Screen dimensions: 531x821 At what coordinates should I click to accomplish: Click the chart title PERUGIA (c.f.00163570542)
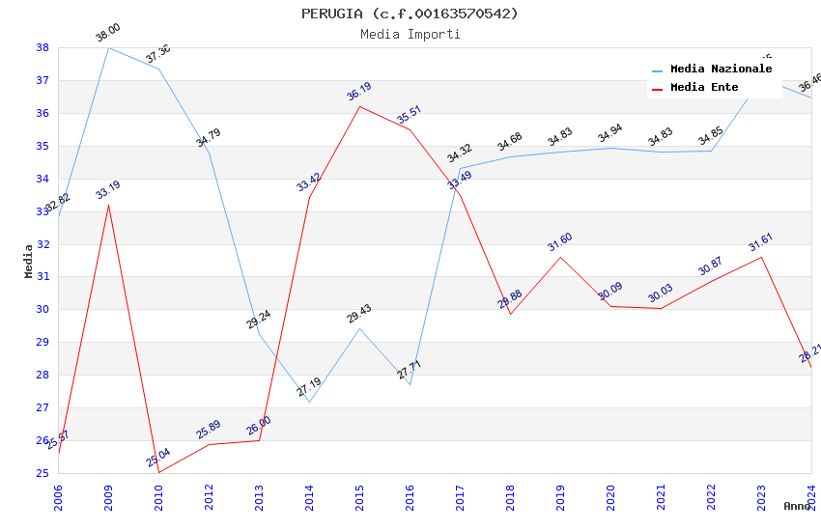point(410,14)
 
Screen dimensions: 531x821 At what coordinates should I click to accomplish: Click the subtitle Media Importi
point(410,34)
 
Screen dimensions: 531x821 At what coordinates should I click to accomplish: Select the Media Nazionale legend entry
point(721,70)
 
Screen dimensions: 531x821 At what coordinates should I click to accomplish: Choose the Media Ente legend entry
point(704,88)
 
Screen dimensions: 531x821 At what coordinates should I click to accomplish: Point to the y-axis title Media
point(29,261)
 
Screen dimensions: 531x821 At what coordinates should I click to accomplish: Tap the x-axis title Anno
point(797,506)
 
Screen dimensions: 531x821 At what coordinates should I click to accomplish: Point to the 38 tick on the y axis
point(42,47)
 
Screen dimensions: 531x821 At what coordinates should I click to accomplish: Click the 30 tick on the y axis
point(42,310)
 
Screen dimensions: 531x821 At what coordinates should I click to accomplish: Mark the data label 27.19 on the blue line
point(309,388)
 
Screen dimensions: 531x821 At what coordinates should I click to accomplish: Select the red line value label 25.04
point(158,458)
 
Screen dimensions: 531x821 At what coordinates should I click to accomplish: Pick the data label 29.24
point(259,320)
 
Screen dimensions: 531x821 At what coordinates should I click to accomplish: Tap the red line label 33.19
point(108,190)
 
